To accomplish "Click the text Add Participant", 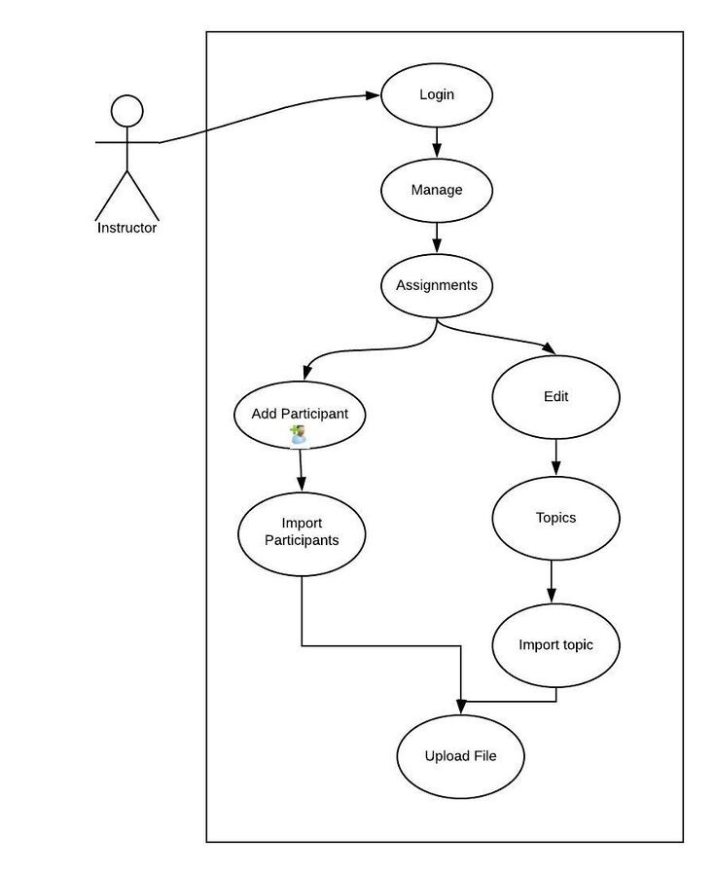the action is [x=300, y=414].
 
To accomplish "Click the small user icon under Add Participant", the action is [x=299, y=435].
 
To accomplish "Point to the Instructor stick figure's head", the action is [x=127, y=111].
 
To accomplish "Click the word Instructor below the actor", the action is [x=127, y=228].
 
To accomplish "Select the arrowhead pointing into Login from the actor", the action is [x=373, y=95].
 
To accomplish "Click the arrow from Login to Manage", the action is [x=437, y=143].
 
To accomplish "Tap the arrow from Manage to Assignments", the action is [x=437, y=238].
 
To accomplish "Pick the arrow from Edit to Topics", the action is [x=555, y=457].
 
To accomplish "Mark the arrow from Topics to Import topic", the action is [x=552, y=581].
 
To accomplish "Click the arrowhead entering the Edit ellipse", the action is [x=549, y=348].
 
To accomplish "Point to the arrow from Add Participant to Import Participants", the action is [x=301, y=470].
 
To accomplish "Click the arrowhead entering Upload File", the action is [x=461, y=707].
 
